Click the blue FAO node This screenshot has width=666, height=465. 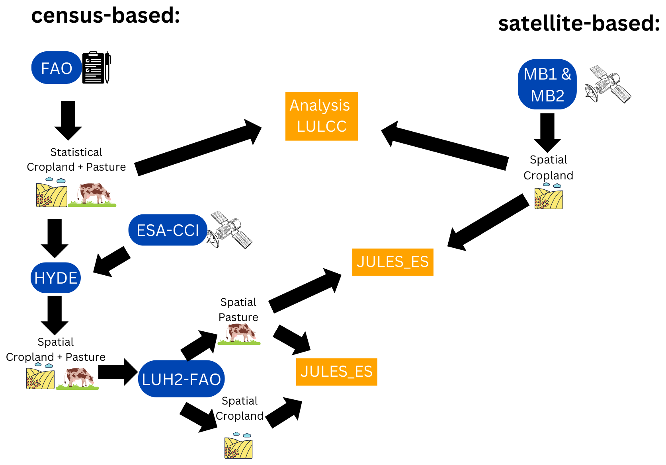tap(57, 68)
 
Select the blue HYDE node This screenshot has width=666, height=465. tap(56, 278)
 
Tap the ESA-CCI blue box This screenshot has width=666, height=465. tap(168, 230)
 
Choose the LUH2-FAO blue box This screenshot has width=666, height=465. tap(181, 379)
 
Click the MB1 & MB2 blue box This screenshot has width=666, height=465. tap(547, 84)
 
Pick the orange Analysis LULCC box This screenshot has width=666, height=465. tap(321, 116)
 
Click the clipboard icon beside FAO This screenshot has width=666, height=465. tap(96, 68)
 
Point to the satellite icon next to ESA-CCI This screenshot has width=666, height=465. tap(230, 230)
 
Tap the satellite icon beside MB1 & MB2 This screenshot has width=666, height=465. tap(608, 84)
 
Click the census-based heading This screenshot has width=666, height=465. tap(105, 16)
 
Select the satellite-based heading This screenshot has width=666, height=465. tap(578, 23)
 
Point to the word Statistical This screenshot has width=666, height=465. tap(76, 152)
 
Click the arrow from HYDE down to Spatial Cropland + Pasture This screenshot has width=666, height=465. tap(55, 315)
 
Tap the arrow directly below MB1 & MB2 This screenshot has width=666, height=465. tap(547, 132)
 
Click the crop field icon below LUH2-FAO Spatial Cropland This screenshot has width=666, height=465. tap(238, 446)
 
